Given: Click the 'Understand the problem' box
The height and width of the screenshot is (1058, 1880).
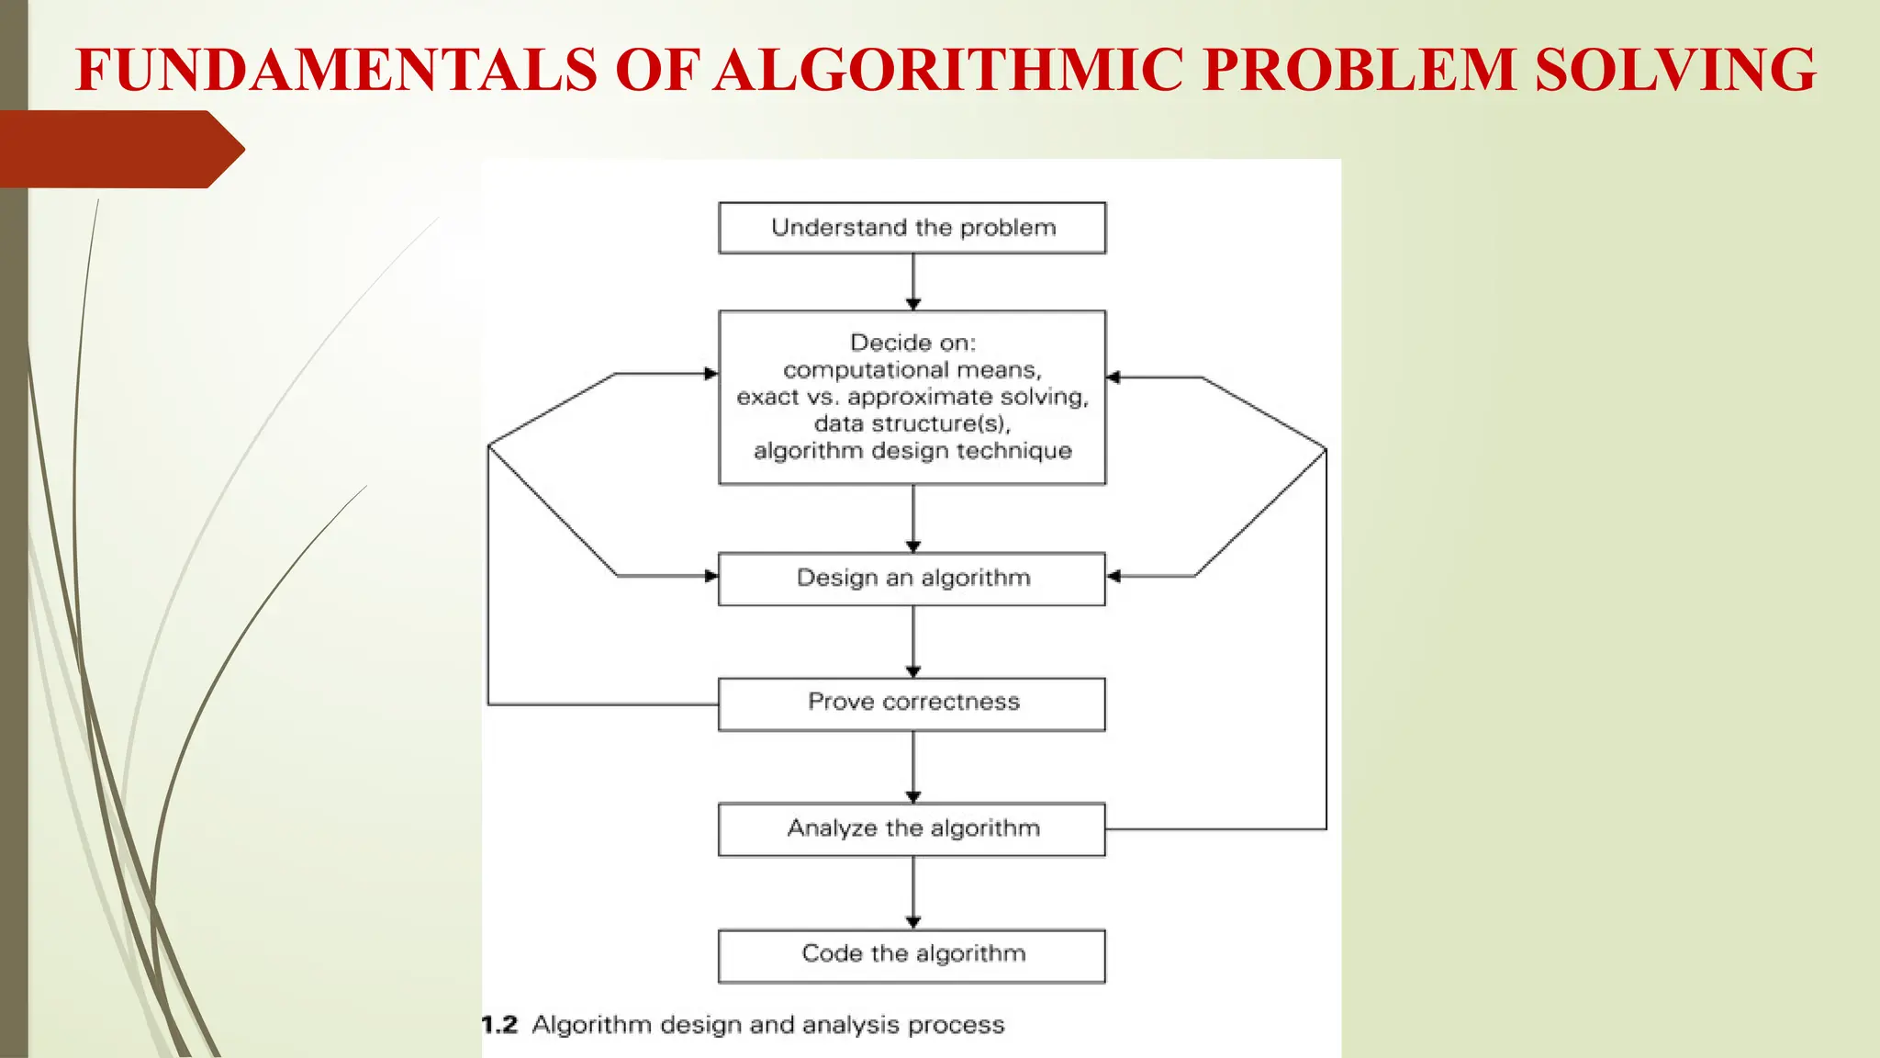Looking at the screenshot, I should point(912,228).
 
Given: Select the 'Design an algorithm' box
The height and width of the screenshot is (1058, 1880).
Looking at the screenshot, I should point(912,579).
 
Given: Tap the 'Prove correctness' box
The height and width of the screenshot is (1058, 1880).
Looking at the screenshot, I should point(912,703).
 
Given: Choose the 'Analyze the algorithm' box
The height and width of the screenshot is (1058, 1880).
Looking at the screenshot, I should point(912,829).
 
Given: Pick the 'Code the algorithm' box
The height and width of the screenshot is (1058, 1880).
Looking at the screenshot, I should point(912,955).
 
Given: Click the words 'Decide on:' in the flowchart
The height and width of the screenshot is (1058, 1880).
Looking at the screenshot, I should point(912,343).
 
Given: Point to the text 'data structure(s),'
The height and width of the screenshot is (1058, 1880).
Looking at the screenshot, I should point(912,423).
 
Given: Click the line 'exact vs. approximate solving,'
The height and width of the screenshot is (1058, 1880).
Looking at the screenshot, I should point(912,397).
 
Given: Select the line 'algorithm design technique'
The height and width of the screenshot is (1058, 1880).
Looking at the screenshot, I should point(912,451).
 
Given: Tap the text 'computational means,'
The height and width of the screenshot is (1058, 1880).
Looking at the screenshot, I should point(912,370).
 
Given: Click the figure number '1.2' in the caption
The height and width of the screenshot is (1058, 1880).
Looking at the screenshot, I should point(500,1025).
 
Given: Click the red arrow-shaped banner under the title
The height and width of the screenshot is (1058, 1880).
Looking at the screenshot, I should point(119,149).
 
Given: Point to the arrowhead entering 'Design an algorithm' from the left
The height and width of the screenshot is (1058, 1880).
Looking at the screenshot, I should point(711,576).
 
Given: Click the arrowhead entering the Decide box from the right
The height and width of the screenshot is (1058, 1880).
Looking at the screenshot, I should point(1113,377).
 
